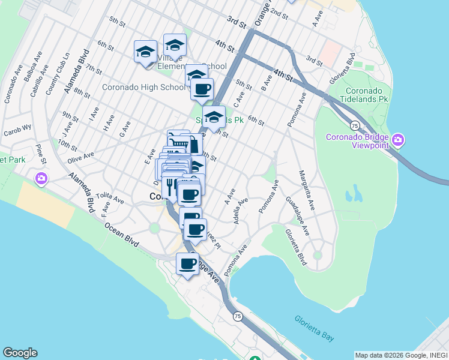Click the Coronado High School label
[143, 88]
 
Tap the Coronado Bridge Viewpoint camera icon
[398, 141]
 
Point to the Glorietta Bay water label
[315, 328]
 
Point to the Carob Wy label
[17, 130]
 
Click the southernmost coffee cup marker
[187, 263]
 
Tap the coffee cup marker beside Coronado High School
[202, 89]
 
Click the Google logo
[20, 353]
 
